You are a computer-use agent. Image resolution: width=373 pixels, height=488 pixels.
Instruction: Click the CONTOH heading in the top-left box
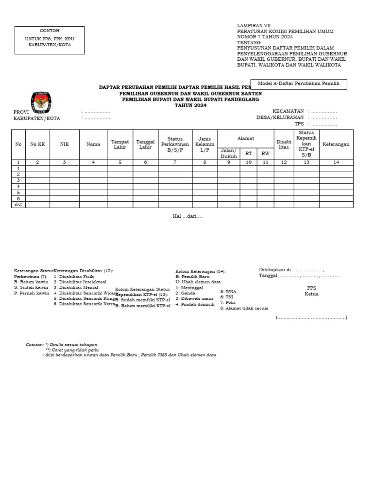click(x=50, y=31)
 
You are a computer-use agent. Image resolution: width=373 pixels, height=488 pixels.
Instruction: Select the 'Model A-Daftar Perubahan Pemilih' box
click(x=298, y=84)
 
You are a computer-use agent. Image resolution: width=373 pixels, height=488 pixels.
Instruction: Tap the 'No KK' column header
click(x=37, y=144)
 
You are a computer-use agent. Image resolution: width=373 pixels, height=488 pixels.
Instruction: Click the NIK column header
click(x=65, y=144)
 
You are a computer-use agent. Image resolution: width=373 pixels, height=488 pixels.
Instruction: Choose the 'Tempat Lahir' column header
click(x=120, y=144)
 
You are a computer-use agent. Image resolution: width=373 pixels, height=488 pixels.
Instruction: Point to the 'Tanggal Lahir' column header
click(x=145, y=144)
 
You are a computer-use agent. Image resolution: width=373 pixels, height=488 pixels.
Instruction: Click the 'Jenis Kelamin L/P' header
click(x=204, y=142)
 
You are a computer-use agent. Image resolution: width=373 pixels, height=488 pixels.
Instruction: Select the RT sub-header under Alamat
click(x=249, y=153)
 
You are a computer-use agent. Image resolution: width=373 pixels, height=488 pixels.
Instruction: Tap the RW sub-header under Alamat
click(x=265, y=153)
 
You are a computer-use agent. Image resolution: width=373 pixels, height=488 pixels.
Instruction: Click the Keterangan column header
click(x=336, y=144)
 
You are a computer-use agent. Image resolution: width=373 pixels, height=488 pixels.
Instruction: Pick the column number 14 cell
click(x=336, y=163)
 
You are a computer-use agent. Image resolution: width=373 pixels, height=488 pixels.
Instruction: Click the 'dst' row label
click(x=18, y=205)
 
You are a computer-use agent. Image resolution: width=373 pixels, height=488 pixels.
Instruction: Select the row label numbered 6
click(x=18, y=198)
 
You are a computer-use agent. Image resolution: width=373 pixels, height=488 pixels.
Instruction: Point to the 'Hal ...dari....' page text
click(x=187, y=216)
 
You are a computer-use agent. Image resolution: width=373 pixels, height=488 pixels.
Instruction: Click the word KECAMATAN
click(x=288, y=111)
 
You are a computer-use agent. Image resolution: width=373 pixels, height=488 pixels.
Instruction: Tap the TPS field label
click(x=299, y=124)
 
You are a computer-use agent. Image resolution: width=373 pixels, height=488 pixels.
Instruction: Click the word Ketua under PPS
click(x=311, y=294)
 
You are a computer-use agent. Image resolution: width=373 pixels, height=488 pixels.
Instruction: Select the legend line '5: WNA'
click(x=228, y=292)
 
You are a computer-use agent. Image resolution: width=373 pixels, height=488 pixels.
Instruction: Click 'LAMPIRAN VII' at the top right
click(x=254, y=25)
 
